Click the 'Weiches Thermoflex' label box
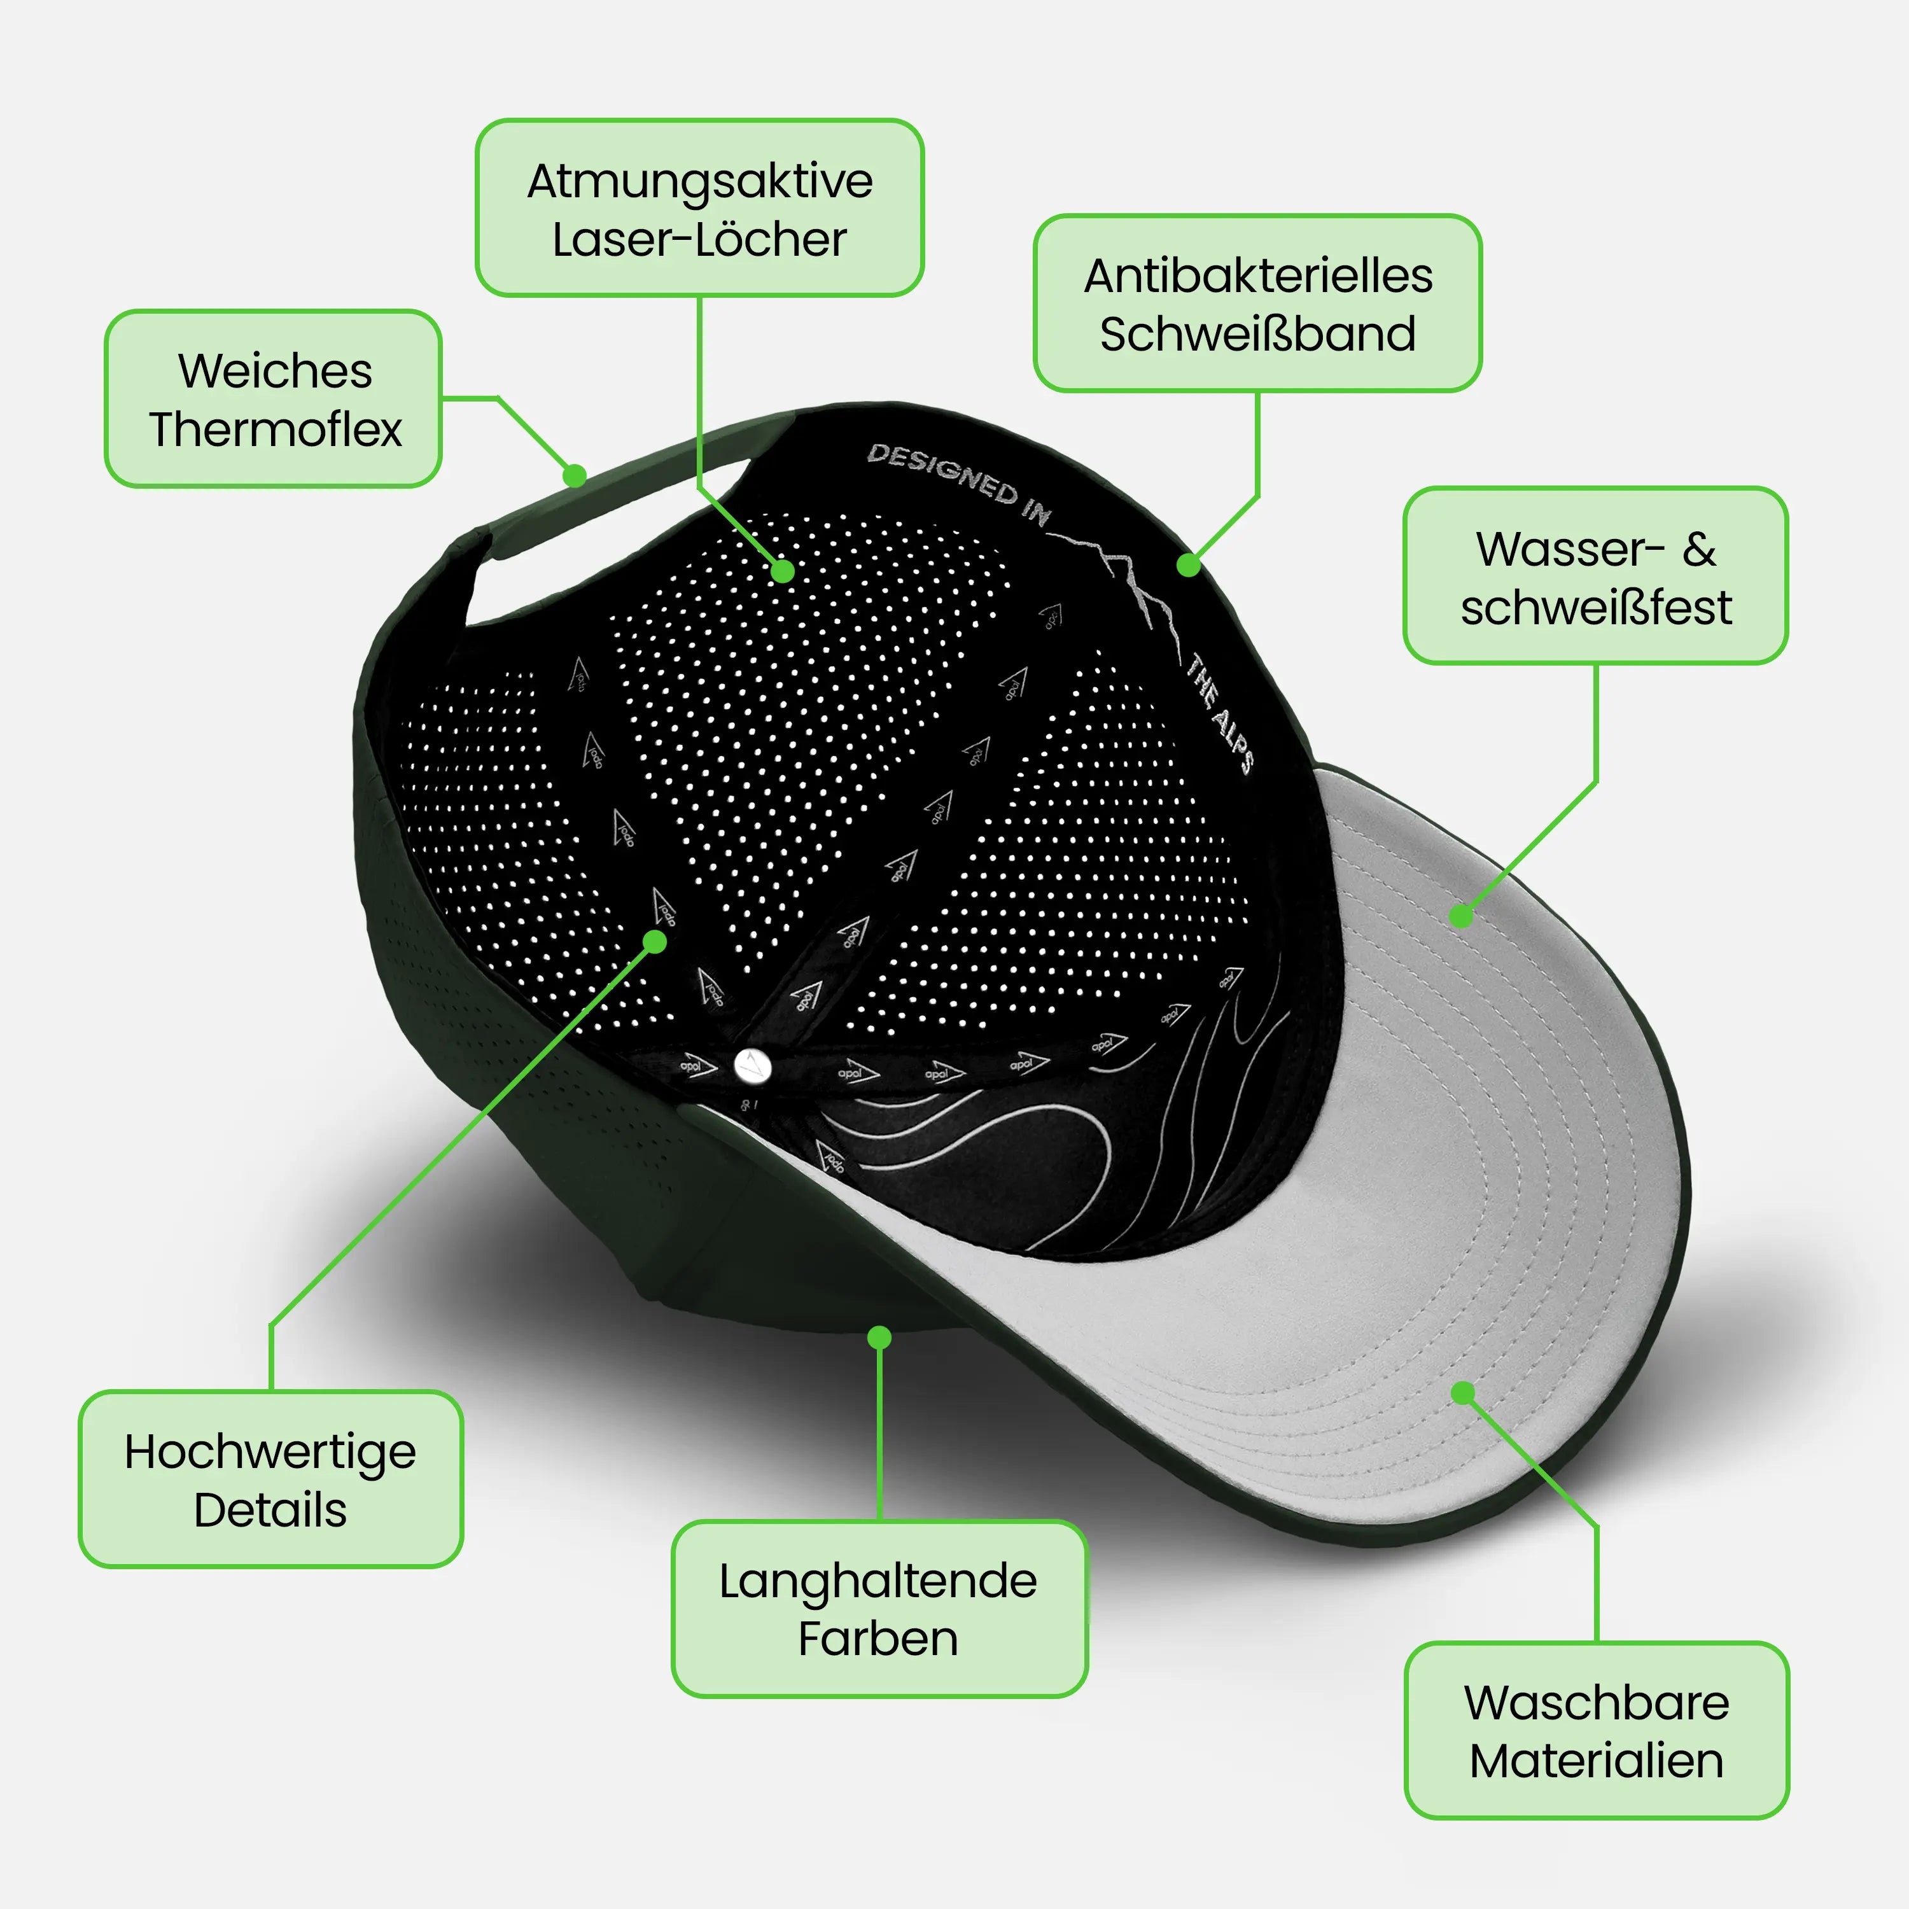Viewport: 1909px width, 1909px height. tap(273, 398)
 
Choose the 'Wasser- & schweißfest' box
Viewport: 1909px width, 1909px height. tap(1596, 575)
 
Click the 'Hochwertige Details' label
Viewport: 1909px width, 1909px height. tap(270, 1479)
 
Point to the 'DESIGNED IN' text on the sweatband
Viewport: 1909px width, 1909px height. tap(958, 483)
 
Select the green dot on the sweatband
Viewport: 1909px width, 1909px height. tap(1189, 565)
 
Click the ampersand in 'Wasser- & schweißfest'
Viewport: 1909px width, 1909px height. tap(1700, 549)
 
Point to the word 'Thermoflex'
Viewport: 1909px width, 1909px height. tap(276, 429)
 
